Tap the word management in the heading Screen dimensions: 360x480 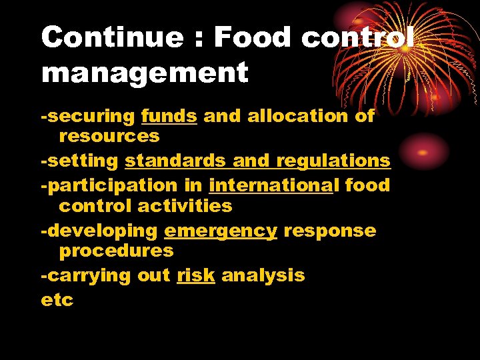click(144, 72)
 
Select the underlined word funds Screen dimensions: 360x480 click(169, 116)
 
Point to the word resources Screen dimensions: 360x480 click(109, 136)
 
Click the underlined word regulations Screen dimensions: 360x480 click(333, 161)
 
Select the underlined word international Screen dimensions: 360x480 click(270, 185)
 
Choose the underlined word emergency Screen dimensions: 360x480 click(220, 231)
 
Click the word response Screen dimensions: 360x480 click(329, 231)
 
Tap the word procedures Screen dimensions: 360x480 click(116, 251)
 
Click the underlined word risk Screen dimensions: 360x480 click(196, 275)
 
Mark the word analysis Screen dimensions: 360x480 click(263, 275)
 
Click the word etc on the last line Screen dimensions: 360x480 click(57, 300)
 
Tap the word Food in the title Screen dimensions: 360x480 click(253, 37)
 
